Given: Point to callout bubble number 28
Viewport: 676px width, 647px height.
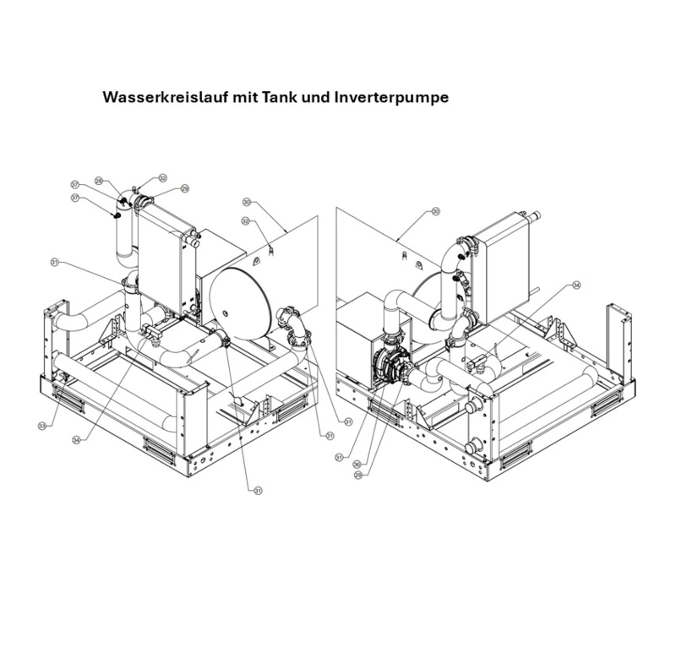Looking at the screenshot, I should pos(99,181).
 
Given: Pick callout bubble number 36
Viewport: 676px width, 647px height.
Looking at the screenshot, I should pos(358,463).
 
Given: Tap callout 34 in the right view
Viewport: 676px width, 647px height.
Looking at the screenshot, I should pos(577,285).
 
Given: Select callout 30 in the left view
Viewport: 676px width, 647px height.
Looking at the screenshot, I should pos(247,202).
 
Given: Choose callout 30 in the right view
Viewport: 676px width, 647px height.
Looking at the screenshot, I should pos(436,211).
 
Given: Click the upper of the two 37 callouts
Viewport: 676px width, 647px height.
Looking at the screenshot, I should pos(75,184).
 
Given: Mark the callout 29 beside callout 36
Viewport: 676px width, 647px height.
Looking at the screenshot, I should pos(359,475).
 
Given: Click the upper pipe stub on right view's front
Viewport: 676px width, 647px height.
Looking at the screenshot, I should pos(468,409).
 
